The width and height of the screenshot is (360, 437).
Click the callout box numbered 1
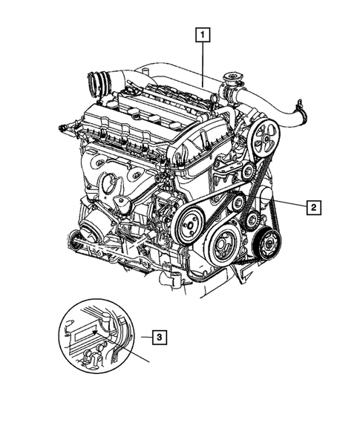(x=203, y=33)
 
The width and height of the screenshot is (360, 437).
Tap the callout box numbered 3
(x=158, y=338)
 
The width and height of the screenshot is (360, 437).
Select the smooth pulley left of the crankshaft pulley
(x=191, y=220)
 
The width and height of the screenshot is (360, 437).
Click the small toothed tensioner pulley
(x=253, y=218)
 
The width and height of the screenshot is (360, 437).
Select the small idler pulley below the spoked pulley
(x=247, y=172)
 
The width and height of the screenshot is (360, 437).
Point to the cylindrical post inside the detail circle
(x=111, y=323)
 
